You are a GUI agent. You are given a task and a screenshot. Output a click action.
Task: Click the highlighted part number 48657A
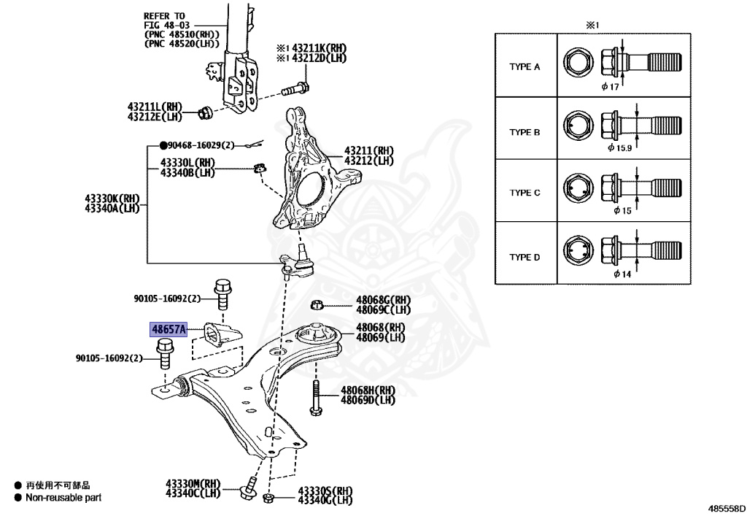(x=169, y=330)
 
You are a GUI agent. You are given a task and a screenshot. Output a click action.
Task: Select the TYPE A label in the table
(x=525, y=67)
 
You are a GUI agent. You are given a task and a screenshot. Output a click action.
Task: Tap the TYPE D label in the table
(x=525, y=257)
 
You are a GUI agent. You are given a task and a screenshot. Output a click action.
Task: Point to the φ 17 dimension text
(x=610, y=87)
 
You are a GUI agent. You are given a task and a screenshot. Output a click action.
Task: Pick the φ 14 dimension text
(x=622, y=274)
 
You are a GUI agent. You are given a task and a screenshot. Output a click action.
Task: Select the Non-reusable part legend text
(x=63, y=498)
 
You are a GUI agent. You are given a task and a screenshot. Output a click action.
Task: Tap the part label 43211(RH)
(x=369, y=151)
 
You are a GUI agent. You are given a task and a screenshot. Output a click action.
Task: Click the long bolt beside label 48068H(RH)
(x=315, y=398)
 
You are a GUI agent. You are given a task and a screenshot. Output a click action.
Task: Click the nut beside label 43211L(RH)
(x=206, y=112)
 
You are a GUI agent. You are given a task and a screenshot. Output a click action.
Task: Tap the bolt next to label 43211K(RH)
(x=295, y=90)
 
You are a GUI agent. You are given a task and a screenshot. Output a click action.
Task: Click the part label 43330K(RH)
(x=112, y=199)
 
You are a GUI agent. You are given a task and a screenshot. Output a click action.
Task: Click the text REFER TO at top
(x=164, y=15)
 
